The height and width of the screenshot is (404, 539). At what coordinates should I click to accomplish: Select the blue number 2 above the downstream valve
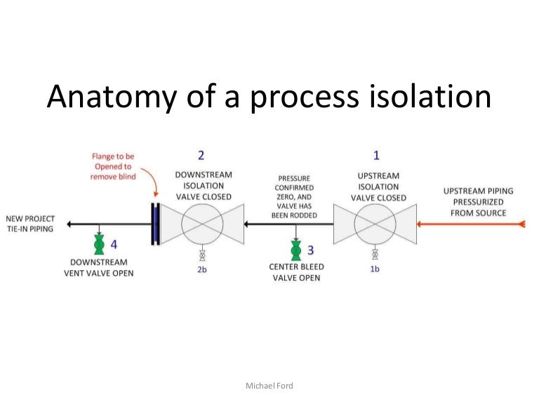(201, 156)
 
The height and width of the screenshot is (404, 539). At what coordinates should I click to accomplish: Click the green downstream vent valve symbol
(99, 245)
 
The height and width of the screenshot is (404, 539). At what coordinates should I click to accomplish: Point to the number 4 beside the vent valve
(114, 245)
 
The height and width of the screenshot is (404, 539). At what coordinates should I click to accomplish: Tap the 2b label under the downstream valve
(202, 268)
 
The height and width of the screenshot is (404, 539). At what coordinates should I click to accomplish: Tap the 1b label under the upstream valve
(375, 268)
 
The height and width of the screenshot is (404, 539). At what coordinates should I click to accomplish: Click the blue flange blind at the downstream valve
(155, 224)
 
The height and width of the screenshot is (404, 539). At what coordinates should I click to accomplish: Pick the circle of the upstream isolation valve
(374, 224)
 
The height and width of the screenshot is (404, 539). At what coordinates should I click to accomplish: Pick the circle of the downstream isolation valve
(202, 224)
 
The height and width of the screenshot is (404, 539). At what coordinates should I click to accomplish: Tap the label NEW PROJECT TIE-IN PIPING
(29, 224)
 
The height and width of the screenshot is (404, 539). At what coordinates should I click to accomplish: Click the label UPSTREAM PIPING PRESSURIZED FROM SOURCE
(474, 202)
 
